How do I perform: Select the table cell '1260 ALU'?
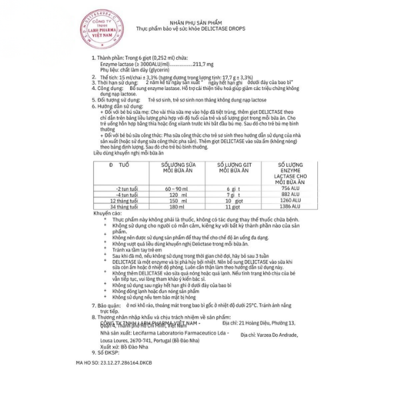285,201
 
